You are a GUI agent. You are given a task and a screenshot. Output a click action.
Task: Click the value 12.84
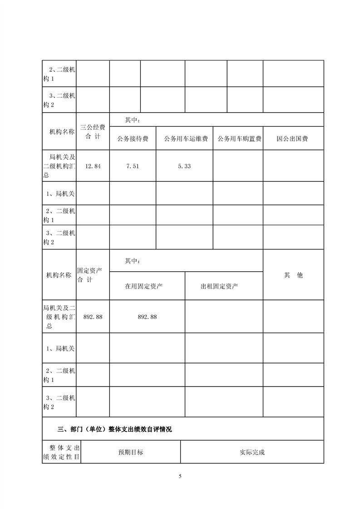coord(93,166)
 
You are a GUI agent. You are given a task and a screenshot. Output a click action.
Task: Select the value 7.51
coord(133,166)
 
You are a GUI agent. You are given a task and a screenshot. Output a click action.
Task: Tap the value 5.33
coord(184,166)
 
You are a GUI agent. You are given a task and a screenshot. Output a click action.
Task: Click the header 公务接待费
coord(133,139)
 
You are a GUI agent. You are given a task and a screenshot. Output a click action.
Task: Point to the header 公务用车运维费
coord(184,139)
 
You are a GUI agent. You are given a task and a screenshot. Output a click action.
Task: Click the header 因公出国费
coord(293,139)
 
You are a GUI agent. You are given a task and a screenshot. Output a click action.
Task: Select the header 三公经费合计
coord(93,132)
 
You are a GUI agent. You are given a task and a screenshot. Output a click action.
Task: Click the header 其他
coord(293,275)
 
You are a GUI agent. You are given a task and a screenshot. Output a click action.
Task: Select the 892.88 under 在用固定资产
coord(147,317)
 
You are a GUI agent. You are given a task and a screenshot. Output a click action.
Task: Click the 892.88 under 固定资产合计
coord(93,317)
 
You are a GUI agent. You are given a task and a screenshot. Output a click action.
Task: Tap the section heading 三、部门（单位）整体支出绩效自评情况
coord(115,429)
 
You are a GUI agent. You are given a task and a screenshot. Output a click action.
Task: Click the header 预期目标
coord(131,452)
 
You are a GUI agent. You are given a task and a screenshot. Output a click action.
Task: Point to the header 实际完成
coord(252,452)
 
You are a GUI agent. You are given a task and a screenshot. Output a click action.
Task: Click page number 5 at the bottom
coord(180,476)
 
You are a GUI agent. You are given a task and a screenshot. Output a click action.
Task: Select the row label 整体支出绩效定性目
coord(61,452)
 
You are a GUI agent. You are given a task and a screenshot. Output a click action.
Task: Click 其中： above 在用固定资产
coord(132,261)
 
